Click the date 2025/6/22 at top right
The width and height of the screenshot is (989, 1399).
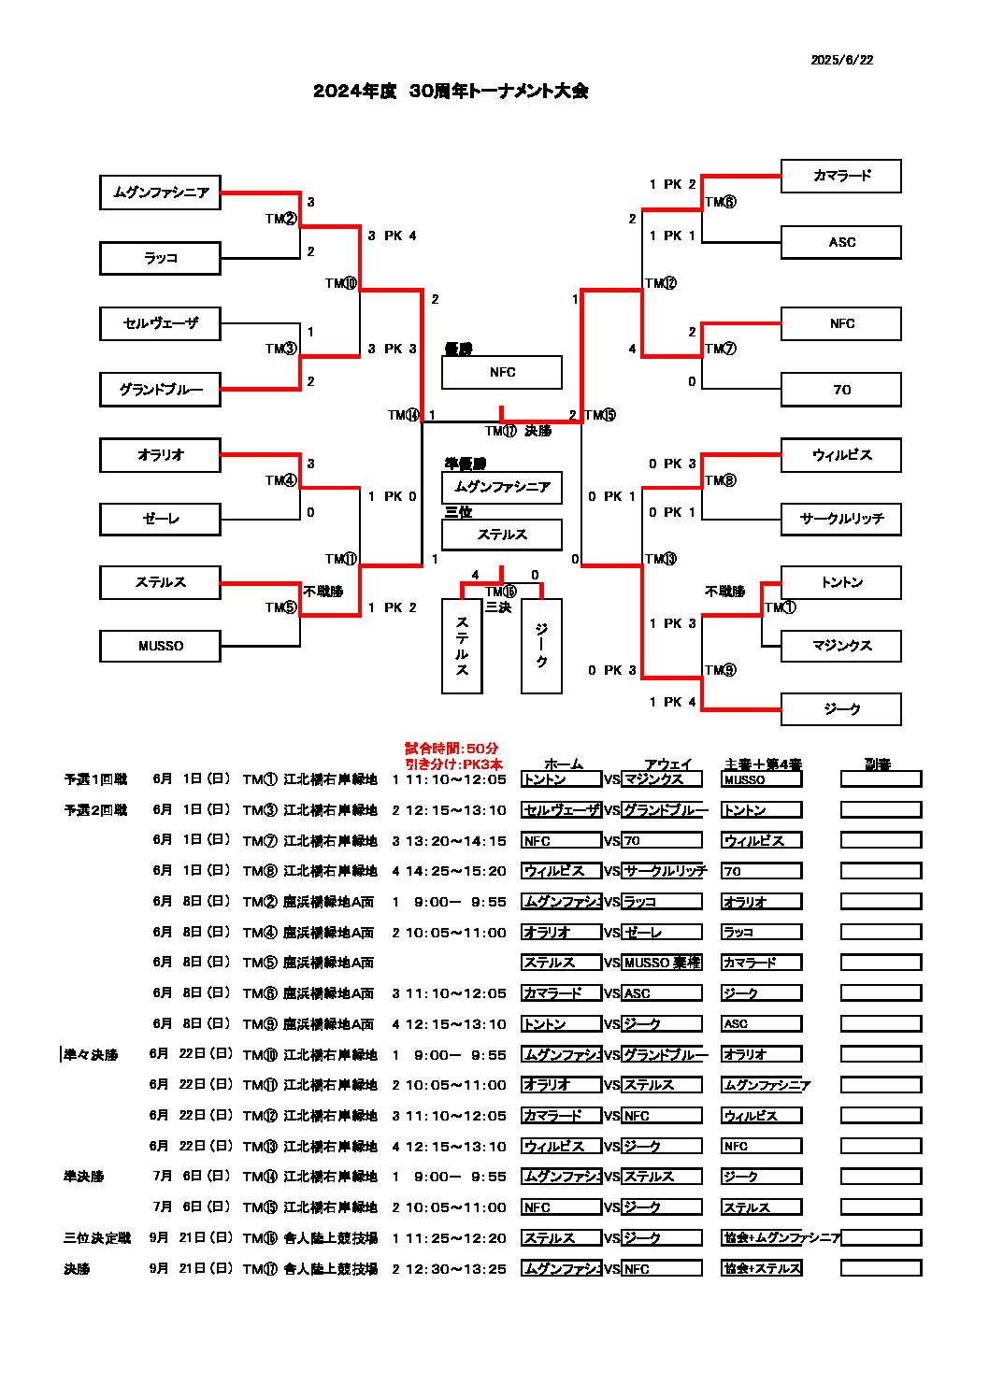click(x=841, y=60)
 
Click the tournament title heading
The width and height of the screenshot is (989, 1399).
click(x=451, y=91)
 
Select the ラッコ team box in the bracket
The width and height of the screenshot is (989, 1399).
click(x=160, y=258)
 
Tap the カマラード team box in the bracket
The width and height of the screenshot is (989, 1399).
click(x=840, y=176)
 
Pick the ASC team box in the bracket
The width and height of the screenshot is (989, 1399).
click(x=840, y=242)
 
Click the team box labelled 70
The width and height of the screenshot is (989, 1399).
click(x=840, y=390)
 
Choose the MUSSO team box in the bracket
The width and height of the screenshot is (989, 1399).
click(x=160, y=646)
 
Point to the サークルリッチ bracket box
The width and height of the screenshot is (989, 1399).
click(x=840, y=519)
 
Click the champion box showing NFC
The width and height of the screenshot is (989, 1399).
click(x=502, y=372)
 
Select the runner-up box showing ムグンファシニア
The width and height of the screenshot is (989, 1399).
click(x=502, y=487)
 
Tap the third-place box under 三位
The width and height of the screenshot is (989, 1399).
click(x=502, y=535)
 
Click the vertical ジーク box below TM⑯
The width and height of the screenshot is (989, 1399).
click(x=541, y=646)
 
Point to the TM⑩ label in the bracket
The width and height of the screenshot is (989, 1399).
click(x=341, y=283)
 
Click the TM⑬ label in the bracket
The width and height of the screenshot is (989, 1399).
click(x=660, y=559)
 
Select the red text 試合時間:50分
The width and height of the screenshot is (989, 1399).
click(x=451, y=749)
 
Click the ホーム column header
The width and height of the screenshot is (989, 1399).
click(x=563, y=764)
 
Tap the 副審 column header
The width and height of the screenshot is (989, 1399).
click(x=877, y=764)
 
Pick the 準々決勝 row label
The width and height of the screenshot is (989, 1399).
click(x=91, y=1055)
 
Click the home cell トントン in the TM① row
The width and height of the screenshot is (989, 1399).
click(x=561, y=779)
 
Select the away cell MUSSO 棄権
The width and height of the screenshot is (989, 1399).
click(x=662, y=963)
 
